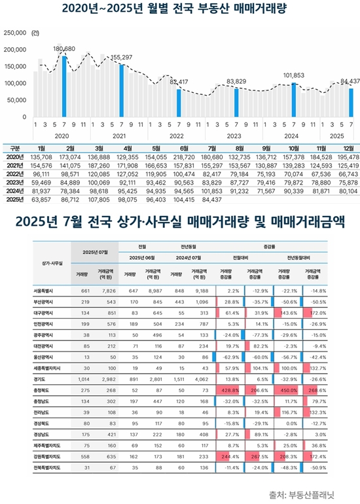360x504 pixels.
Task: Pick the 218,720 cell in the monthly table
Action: click(x=183, y=158)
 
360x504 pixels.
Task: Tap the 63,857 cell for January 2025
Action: click(x=41, y=200)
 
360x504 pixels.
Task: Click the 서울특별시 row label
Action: click(x=46, y=290)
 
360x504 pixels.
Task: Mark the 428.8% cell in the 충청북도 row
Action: click(x=229, y=370)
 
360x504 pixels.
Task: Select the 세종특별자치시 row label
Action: click(x=46, y=351)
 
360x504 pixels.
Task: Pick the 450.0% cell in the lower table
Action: click(x=285, y=370)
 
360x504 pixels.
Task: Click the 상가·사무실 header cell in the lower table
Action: click(x=46, y=263)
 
